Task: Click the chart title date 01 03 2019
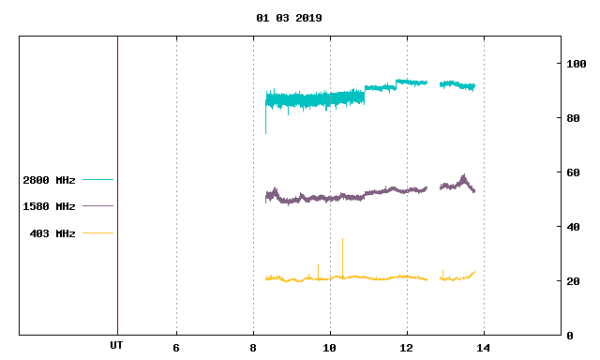[x=289, y=18]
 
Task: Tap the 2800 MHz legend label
[x=49, y=180]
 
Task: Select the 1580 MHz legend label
[x=49, y=206]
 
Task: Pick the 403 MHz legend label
[x=52, y=233]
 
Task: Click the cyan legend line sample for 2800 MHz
[x=97, y=179]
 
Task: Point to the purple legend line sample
[x=97, y=206]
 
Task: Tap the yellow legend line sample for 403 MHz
[x=97, y=232]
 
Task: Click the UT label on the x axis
[x=116, y=345]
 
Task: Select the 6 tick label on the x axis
[x=176, y=348]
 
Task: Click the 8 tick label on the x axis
[x=253, y=348]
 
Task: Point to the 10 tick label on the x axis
[x=329, y=348]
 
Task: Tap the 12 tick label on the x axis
[x=406, y=348]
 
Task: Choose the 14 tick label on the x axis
[x=484, y=348]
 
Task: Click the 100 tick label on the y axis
[x=577, y=64]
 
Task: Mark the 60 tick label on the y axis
[x=573, y=172]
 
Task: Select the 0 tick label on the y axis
[x=570, y=336]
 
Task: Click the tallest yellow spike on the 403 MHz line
[x=342, y=239]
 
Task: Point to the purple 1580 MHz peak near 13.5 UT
[x=464, y=175]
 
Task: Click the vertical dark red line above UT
[x=117, y=186]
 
